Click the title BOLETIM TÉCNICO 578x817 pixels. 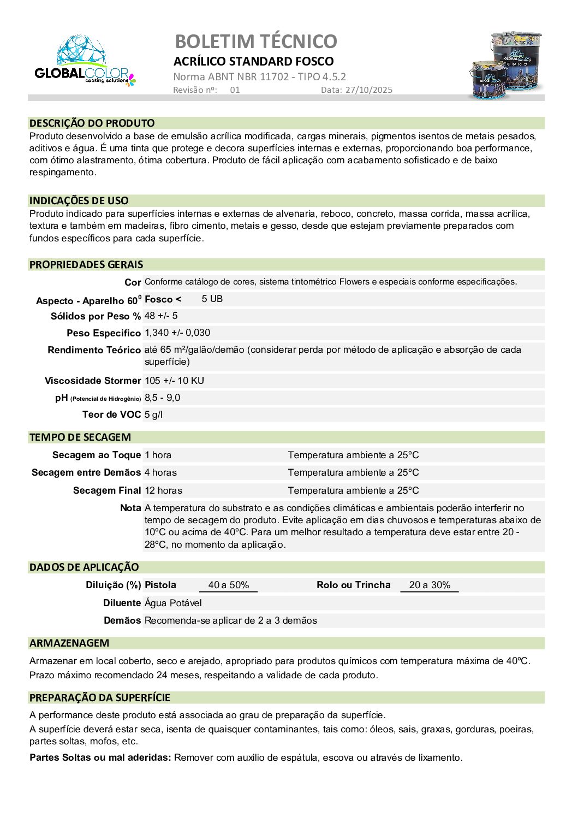pos(256,42)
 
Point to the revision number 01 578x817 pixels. pos(235,90)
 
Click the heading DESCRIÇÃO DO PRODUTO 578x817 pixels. pos(92,123)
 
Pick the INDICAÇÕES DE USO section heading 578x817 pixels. pos(79,200)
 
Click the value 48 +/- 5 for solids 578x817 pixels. pos(161,316)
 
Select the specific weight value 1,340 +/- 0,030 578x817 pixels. pos(177,333)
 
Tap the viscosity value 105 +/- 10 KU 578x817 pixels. pos(174,381)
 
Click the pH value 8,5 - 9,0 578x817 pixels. pos(162,398)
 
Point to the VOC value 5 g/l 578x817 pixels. pos(153,415)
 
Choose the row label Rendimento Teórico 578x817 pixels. pos(94,350)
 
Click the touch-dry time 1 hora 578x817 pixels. pos(158,455)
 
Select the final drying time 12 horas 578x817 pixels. pos(163,490)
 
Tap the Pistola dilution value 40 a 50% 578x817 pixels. pos(229,585)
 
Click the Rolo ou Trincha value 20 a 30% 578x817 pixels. pos(430,585)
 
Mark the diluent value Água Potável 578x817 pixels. pos(173,603)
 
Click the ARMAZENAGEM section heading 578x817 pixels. pos(69,643)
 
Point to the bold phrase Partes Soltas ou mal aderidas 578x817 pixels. pos(100,757)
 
